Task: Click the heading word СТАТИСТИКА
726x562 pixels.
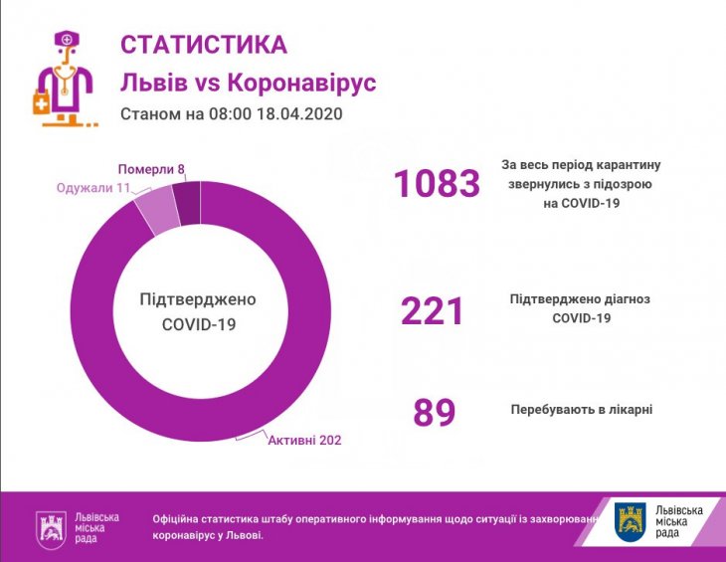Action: pos(203,45)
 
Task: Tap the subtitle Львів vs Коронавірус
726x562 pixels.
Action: pos(248,82)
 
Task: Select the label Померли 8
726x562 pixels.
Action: pos(151,169)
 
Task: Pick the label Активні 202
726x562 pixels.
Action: pos(304,440)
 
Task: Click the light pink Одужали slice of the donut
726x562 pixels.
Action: pos(158,208)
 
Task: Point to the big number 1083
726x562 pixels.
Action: pos(437,184)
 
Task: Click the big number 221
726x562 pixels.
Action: pos(433,311)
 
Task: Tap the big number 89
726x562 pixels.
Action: pos(434,413)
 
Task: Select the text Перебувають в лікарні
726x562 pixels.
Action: pos(582,410)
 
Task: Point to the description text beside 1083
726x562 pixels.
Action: pos(582,184)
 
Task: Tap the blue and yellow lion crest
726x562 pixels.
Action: pos(631,520)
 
